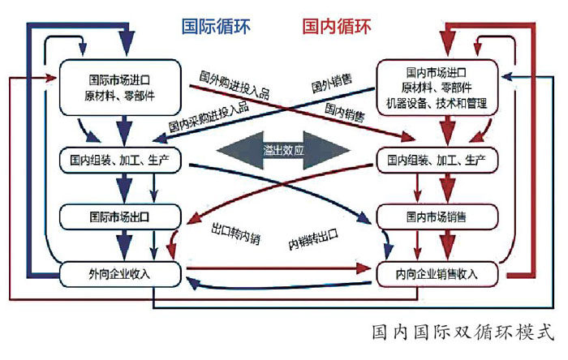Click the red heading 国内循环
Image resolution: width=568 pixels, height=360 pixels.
click(337, 26)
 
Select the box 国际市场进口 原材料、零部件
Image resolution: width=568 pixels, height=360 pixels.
click(120, 88)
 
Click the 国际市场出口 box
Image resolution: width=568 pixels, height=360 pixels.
click(120, 216)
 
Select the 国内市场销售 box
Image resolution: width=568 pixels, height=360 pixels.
click(437, 216)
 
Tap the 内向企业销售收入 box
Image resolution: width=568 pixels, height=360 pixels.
click(437, 273)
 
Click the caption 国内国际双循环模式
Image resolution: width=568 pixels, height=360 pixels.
click(463, 332)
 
